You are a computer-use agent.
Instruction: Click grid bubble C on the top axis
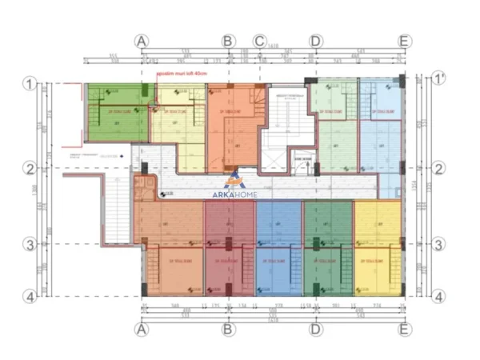259,41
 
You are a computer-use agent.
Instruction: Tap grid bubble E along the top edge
404,41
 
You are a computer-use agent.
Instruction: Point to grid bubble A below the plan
142,329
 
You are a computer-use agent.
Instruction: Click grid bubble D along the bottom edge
316,329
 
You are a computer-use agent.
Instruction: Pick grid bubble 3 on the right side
438,245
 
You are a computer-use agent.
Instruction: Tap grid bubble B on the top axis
228,41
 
